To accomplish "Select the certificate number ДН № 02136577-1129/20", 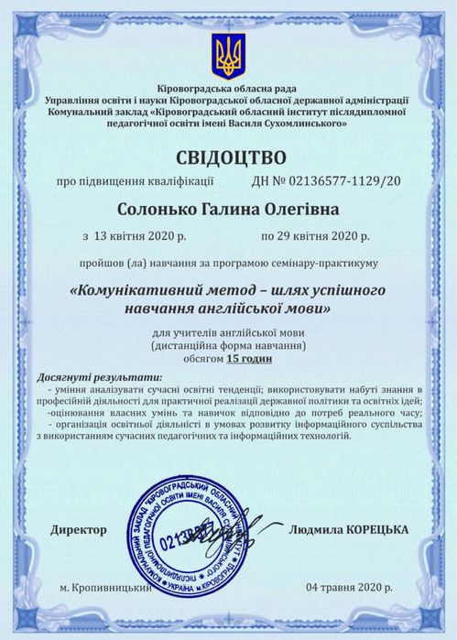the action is pyautogui.click(x=325, y=181).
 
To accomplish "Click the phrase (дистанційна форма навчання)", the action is pyautogui.click(x=228, y=347).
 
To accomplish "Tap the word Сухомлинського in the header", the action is pyautogui.click(x=300, y=123).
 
